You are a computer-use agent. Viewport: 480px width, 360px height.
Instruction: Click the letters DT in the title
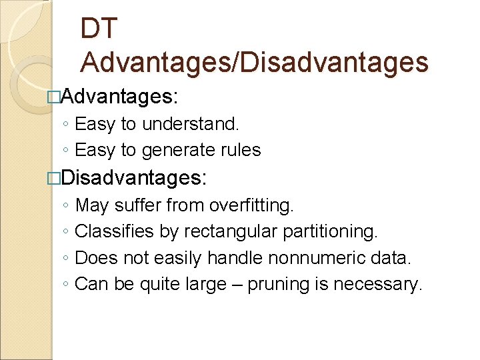99,28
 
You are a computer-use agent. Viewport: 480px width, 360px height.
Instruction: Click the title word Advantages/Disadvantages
254,62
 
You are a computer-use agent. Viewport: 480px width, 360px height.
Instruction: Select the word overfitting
250,205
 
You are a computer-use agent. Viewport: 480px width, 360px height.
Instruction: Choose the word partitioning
335,231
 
